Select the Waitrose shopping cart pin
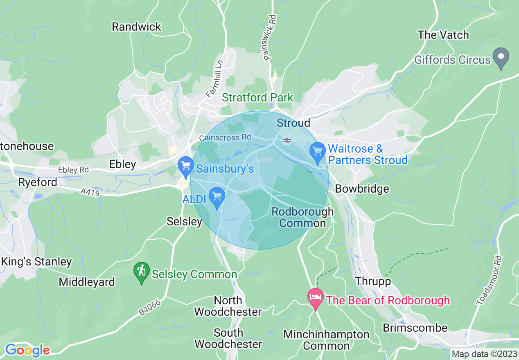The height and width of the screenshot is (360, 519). pyautogui.click(x=317, y=152)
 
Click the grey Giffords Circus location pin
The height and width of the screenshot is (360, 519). pyautogui.click(x=500, y=58)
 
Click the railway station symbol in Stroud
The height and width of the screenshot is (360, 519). pyautogui.click(x=287, y=140)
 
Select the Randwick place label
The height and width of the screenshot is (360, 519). pyautogui.click(x=137, y=27)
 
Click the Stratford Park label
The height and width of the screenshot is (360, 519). pyautogui.click(x=258, y=98)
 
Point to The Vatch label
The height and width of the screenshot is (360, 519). pyautogui.click(x=443, y=35)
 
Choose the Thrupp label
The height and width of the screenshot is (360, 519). pyautogui.click(x=373, y=281)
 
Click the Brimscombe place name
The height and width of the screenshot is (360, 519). pyautogui.click(x=415, y=328)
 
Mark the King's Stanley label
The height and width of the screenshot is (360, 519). pyautogui.click(x=36, y=262)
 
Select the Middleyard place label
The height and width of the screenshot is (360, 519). pyautogui.click(x=87, y=282)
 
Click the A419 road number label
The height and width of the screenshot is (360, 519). pyautogui.click(x=90, y=192)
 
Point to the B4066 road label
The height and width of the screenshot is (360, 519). pyautogui.click(x=149, y=307)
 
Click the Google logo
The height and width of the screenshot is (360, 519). pyautogui.click(x=27, y=351)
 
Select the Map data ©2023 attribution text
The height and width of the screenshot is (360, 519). pyautogui.click(x=484, y=354)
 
